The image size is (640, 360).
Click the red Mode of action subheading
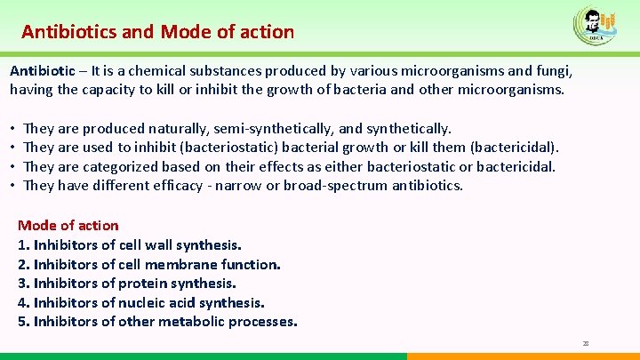click(x=68, y=226)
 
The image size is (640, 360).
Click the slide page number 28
click(x=585, y=342)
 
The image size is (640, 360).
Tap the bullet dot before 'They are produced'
click(x=13, y=129)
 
